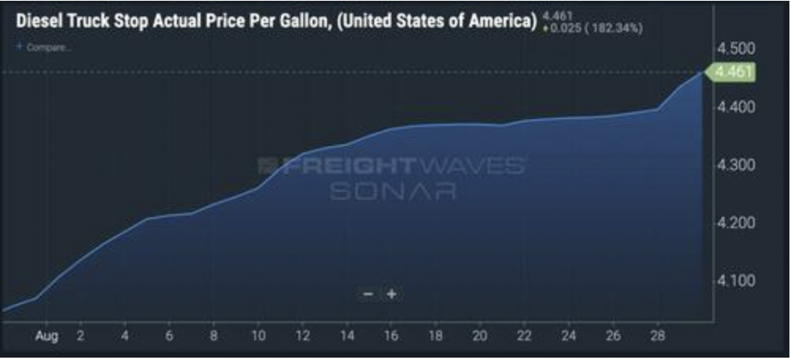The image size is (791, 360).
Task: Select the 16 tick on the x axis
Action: [x=391, y=335]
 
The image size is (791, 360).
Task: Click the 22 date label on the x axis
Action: [x=523, y=335]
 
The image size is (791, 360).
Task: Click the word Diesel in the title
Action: [x=39, y=21]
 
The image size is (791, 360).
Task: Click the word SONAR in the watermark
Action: [x=392, y=191]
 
